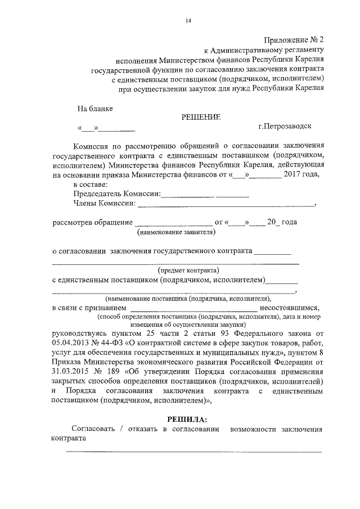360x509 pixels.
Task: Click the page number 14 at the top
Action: pos(188,21)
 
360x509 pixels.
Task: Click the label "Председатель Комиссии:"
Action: pos(116,194)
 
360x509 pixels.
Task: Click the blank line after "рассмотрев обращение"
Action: pos(173,223)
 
